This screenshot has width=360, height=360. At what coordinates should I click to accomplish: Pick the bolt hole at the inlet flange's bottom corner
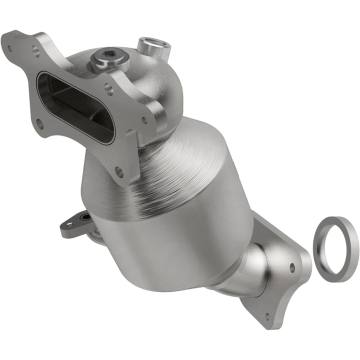tap(119, 172)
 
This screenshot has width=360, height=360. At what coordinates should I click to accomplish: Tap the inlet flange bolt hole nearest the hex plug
tap(108, 88)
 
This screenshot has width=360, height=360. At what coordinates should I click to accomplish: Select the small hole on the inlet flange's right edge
tap(144, 120)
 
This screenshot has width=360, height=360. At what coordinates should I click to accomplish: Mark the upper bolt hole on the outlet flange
tap(292, 268)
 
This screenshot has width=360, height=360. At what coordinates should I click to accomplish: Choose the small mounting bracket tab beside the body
tap(75, 225)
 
